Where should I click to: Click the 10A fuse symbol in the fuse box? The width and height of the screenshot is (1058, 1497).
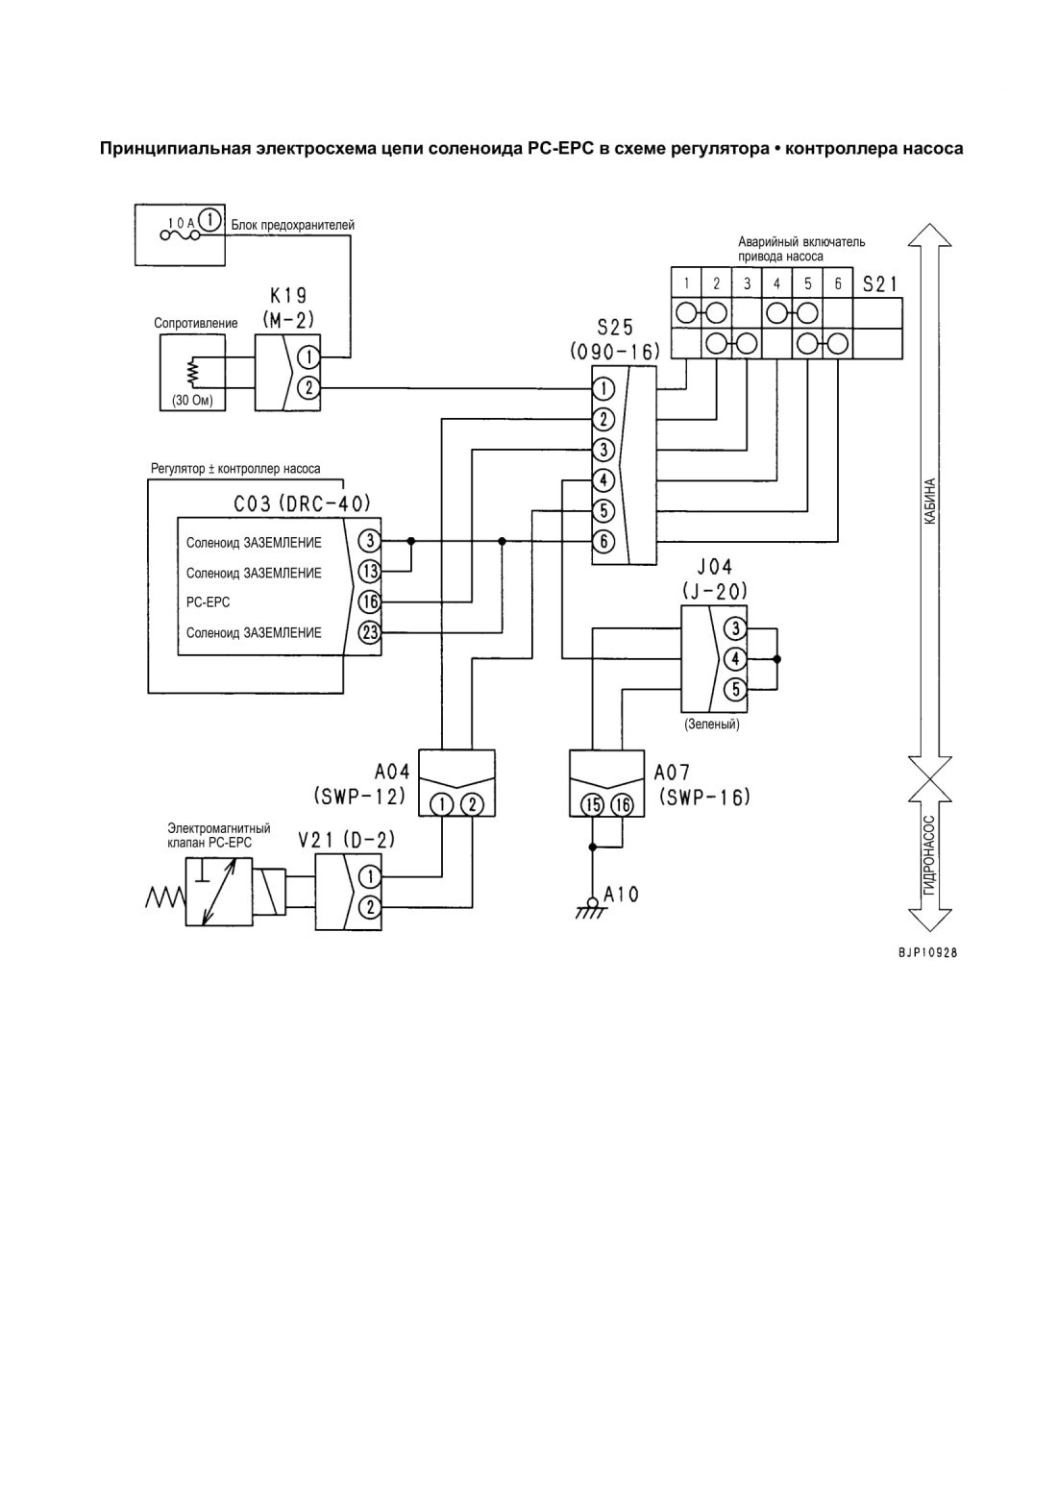pyautogui.click(x=179, y=234)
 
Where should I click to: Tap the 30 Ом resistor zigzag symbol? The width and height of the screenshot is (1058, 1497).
pyautogui.click(x=193, y=373)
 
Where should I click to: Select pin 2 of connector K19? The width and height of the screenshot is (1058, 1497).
pyautogui.click(x=308, y=387)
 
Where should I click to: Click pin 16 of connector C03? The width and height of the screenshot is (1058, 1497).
pyautogui.click(x=370, y=601)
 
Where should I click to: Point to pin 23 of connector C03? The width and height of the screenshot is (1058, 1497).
pyautogui.click(x=370, y=631)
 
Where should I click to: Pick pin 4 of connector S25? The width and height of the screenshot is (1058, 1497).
pyautogui.click(x=603, y=480)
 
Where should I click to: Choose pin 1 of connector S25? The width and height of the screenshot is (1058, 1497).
pyautogui.click(x=603, y=388)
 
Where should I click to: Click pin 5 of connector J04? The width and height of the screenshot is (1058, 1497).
pyautogui.click(x=735, y=689)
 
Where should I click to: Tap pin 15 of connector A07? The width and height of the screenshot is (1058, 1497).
pyautogui.click(x=592, y=804)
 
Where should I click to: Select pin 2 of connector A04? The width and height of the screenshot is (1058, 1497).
pyautogui.click(x=473, y=804)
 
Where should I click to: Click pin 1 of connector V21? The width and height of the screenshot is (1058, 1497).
pyautogui.click(x=370, y=876)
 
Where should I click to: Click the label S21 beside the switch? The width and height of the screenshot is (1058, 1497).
pyautogui.click(x=879, y=284)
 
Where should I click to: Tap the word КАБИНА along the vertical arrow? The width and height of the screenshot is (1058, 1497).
pyautogui.click(x=929, y=501)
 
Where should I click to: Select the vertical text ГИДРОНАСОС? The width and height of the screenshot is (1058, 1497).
pyautogui.click(x=929, y=855)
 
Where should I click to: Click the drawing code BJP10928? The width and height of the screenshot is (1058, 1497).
pyautogui.click(x=927, y=953)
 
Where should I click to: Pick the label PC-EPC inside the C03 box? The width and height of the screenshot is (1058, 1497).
pyautogui.click(x=208, y=602)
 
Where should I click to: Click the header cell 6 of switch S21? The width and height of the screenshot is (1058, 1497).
pyautogui.click(x=837, y=283)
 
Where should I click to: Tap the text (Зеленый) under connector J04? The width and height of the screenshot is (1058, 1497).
pyautogui.click(x=712, y=724)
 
